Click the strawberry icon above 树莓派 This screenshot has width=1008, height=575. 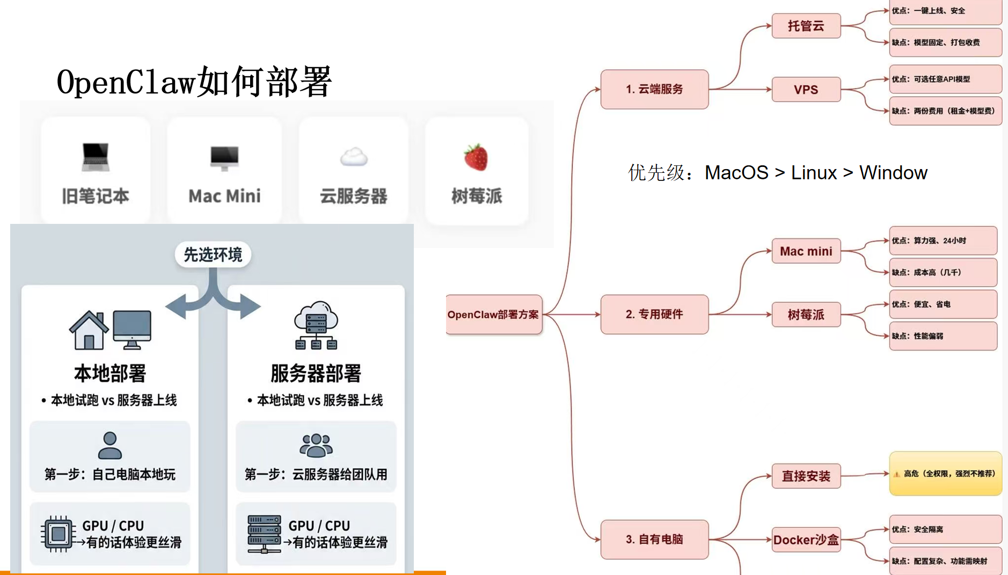[476, 157]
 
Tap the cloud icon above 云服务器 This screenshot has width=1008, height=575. [354, 157]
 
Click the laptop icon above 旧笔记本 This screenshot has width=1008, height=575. [96, 157]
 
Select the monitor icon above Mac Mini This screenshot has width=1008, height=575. [224, 157]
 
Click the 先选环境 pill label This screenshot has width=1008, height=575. [213, 254]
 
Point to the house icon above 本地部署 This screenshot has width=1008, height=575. [89, 330]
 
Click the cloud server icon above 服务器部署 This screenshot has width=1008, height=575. [316, 325]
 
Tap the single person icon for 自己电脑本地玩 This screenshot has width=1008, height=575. [110, 445]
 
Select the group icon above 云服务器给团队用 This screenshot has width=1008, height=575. [316, 445]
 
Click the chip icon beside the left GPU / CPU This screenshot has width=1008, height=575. [58, 534]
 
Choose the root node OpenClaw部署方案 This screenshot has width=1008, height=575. [493, 315]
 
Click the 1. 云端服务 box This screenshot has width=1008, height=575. [654, 89]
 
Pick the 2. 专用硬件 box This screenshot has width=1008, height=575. [654, 315]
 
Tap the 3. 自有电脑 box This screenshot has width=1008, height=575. [654, 540]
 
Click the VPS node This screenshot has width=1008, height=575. [806, 90]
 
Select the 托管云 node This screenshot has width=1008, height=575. [806, 26]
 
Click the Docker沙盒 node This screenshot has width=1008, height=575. [806, 540]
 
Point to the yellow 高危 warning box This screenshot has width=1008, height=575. [945, 474]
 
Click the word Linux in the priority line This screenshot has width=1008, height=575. [814, 173]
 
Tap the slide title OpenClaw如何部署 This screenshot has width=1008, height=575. [194, 82]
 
